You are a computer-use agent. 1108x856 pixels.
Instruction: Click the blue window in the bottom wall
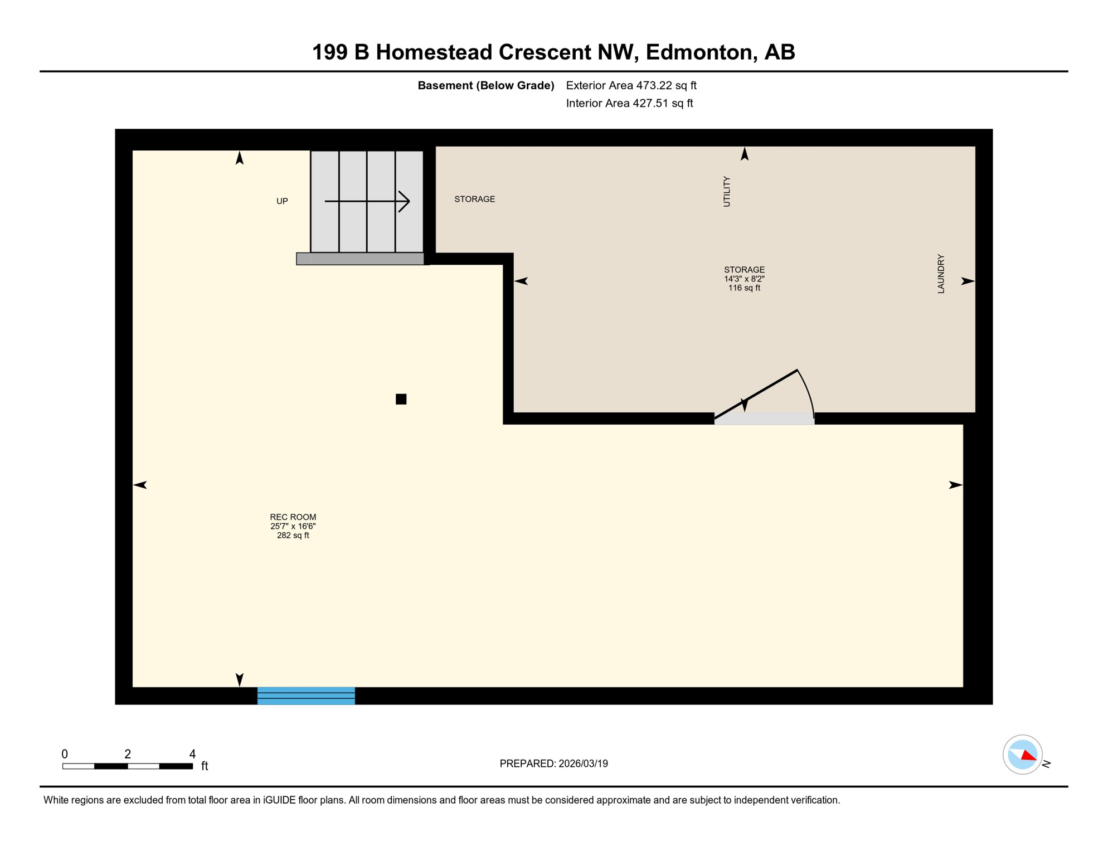tap(306, 695)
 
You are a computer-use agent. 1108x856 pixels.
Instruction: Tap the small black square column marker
tap(401, 399)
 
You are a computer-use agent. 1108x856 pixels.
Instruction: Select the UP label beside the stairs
tap(282, 201)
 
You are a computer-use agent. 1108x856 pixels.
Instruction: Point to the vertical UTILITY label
tap(726, 192)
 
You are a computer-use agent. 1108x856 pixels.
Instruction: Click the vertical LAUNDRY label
tap(941, 274)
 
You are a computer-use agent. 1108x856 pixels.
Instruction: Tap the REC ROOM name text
tap(293, 517)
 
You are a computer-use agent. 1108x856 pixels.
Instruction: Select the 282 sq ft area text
tap(293, 536)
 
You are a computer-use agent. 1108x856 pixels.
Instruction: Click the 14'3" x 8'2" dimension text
tap(744, 279)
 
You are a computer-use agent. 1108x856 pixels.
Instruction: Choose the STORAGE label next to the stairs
tap(474, 199)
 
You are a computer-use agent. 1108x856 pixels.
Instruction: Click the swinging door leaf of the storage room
tap(756, 394)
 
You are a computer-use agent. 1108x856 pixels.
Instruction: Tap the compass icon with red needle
tap(1022, 755)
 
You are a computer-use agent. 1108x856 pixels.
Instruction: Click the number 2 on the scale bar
tap(128, 754)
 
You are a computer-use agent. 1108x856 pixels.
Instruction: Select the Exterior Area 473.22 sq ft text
tap(631, 85)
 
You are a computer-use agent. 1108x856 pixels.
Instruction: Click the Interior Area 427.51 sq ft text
tap(629, 103)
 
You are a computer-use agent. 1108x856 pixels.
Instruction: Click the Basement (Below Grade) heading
tap(485, 85)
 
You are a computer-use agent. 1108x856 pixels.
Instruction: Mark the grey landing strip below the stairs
tap(360, 259)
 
